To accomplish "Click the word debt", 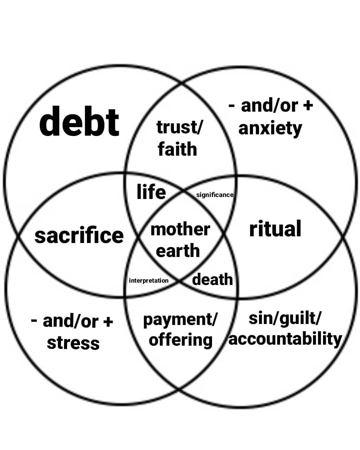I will [79, 122].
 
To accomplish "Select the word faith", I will [177, 149].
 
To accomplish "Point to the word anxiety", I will [270, 129].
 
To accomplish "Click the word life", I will [151, 192].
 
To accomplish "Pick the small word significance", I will [215, 195].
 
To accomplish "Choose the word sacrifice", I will [79, 235].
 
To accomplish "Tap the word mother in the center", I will [180, 229].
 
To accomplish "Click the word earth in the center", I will [178, 251].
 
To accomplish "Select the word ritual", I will [275, 229].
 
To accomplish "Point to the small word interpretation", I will [149, 281].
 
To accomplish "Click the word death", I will [212, 279].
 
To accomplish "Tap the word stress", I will [73, 343].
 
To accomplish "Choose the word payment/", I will [180, 320].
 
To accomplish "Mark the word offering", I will [180, 340].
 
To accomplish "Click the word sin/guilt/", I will [285, 318].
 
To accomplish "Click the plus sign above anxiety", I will [308, 106].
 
